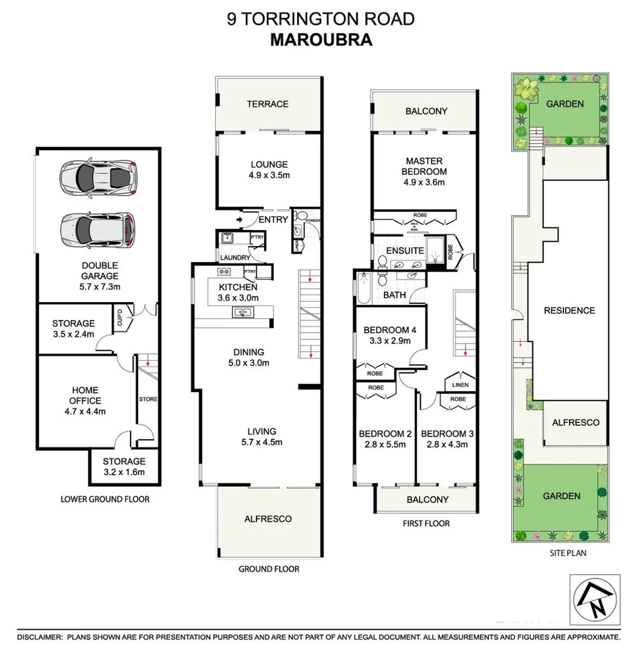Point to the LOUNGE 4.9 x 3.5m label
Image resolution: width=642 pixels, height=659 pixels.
tap(269, 169)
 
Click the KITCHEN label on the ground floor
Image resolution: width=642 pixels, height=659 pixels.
tap(237, 287)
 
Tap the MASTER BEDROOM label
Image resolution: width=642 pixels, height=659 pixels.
tap(424, 166)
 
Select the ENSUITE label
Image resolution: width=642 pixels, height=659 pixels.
tap(406, 250)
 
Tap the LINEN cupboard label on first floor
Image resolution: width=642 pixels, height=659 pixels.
tap(461, 385)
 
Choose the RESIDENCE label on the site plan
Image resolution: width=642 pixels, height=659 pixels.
tap(569, 311)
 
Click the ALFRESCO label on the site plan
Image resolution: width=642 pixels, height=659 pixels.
tap(575, 422)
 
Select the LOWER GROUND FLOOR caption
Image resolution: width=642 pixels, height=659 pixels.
tap(105, 499)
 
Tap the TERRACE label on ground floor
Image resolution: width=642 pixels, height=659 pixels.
tap(267, 104)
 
